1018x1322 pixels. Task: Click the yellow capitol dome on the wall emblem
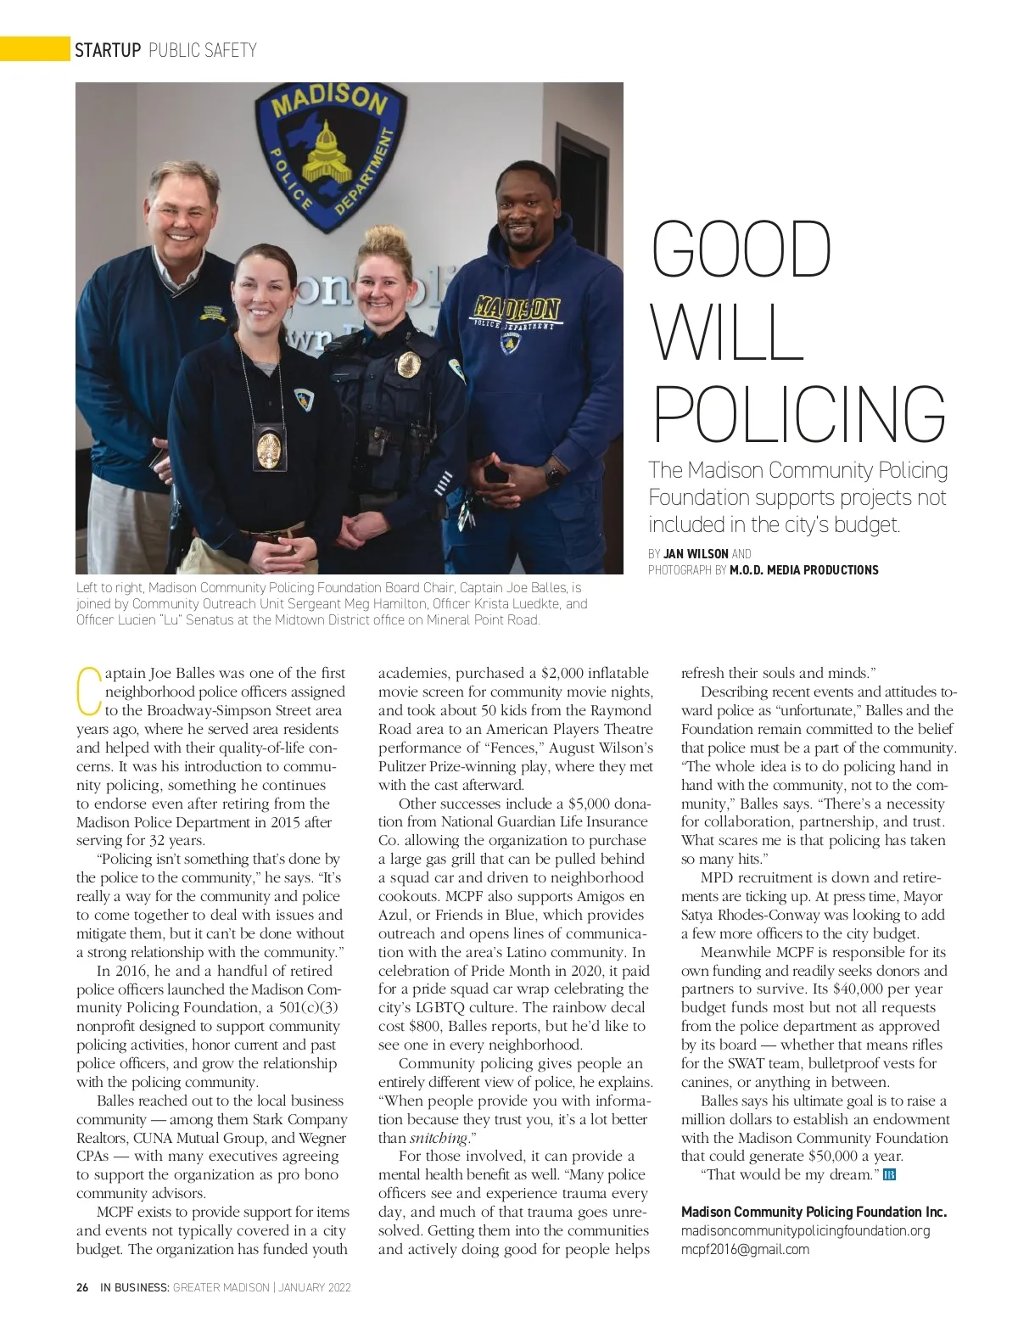(x=327, y=154)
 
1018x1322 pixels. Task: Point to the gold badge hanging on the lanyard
(x=269, y=448)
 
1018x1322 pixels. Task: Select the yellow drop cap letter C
(x=87, y=692)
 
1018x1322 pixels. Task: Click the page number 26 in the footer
(x=82, y=1287)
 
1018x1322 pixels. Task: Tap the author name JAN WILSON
(x=696, y=553)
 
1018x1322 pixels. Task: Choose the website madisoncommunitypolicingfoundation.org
(x=805, y=1230)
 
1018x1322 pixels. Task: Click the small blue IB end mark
(x=889, y=1175)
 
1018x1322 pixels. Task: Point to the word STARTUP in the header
(x=108, y=50)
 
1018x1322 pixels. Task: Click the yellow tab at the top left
(x=34, y=49)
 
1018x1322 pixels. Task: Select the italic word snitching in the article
(x=439, y=1138)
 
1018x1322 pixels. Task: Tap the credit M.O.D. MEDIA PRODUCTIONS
(x=803, y=570)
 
